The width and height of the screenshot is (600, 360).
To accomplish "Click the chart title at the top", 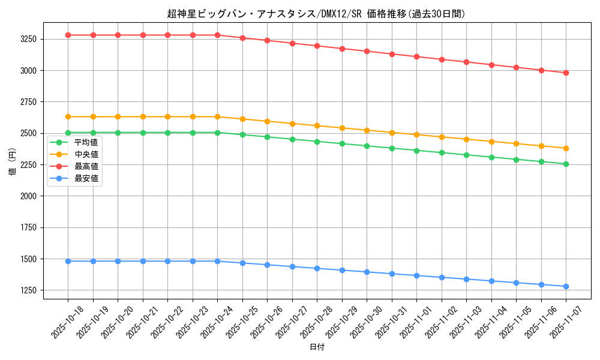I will coord(316,14).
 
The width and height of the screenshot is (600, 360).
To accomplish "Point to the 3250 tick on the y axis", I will coord(28,39).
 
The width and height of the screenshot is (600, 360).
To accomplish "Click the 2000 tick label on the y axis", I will coord(28,196).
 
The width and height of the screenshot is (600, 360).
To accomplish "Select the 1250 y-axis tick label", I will coord(28,290).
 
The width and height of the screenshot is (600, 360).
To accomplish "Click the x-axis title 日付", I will coord(317,347).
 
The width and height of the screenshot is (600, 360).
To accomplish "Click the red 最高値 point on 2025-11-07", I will coord(566,73).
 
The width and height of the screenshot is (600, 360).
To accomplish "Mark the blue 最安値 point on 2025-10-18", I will coord(68,261).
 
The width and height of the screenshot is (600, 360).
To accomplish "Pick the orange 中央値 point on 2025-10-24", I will coord(217,116).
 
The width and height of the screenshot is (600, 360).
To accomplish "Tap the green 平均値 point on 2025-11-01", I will coord(416,151).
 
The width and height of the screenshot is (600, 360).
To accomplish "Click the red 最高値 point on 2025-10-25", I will coord(242,38).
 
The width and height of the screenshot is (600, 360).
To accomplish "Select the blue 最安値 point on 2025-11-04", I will coord(491,281).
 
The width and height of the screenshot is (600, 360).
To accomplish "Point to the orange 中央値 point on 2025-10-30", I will coord(367,130).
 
